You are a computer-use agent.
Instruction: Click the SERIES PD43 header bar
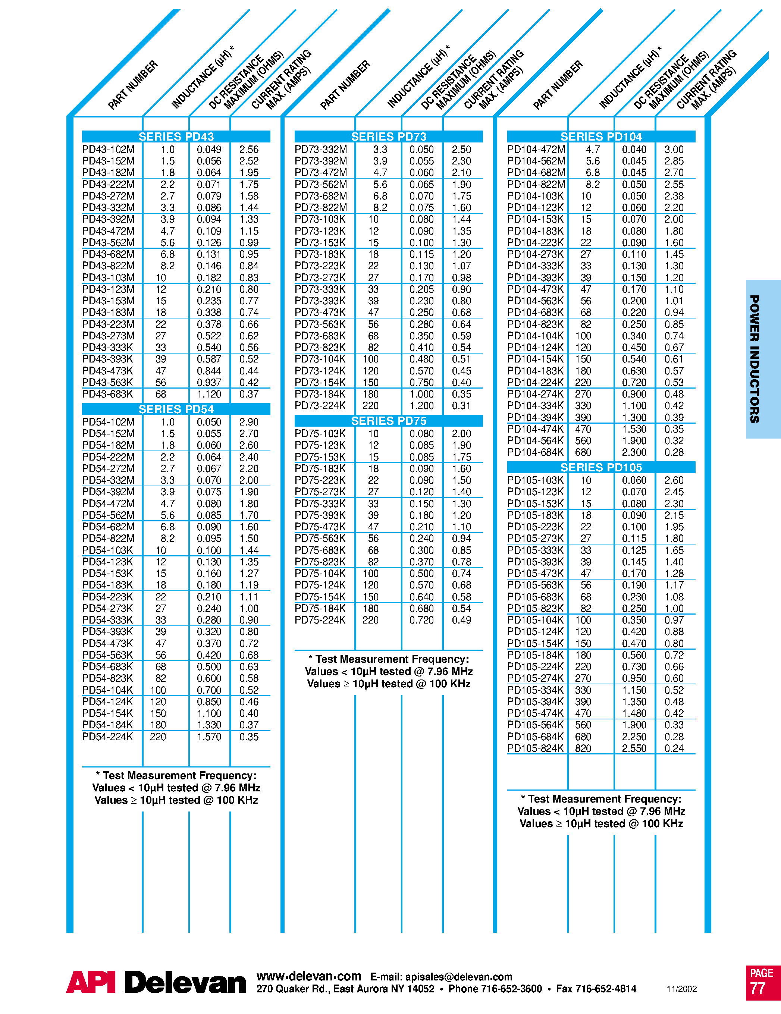(x=176, y=136)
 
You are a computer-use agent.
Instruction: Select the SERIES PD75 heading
(x=389, y=421)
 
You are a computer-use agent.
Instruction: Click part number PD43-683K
(x=107, y=394)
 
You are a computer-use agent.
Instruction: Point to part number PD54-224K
(x=107, y=737)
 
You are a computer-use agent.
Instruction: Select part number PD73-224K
(x=320, y=406)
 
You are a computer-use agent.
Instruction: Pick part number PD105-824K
(x=535, y=748)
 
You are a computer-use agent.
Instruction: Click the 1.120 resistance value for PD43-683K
(x=209, y=394)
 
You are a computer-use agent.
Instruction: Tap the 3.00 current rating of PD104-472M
(x=674, y=150)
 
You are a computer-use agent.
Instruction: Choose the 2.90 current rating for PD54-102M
(x=249, y=422)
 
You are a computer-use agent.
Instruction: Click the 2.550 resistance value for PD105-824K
(x=634, y=748)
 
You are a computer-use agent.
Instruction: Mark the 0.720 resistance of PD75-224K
(x=421, y=620)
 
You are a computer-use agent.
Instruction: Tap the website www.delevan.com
(x=309, y=976)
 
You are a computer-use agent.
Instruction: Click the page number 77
(x=758, y=989)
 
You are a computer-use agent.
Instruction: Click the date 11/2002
(x=681, y=989)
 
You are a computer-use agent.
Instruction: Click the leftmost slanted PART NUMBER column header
(x=133, y=85)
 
